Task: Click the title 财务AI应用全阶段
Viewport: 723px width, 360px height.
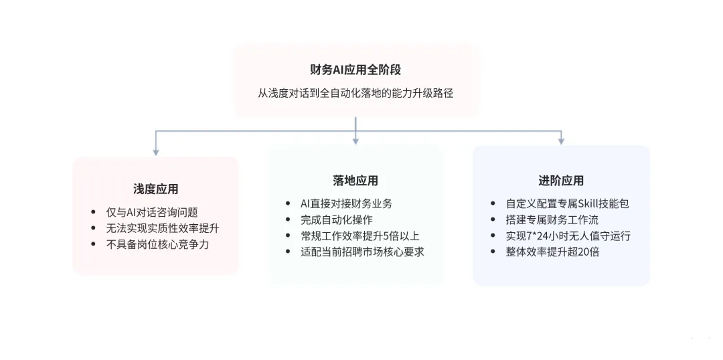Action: click(355, 70)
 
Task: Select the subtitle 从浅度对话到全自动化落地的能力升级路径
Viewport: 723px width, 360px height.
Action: click(355, 93)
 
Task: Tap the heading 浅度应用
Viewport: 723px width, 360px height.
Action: click(156, 189)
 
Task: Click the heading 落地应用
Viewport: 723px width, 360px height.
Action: click(355, 181)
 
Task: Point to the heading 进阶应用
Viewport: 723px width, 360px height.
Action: click(561, 181)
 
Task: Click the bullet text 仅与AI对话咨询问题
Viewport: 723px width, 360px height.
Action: click(152, 213)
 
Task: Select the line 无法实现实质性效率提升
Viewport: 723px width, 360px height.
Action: click(162, 229)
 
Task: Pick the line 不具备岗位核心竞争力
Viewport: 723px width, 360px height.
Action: click(157, 244)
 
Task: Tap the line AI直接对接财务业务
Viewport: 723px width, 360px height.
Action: click(346, 203)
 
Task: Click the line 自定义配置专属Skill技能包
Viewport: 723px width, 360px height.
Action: click(567, 203)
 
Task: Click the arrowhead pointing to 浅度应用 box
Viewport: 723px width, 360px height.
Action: click(156, 152)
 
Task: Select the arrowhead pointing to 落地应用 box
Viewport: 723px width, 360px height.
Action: click(355, 141)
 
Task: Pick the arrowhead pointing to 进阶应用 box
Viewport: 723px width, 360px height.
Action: click(561, 141)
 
